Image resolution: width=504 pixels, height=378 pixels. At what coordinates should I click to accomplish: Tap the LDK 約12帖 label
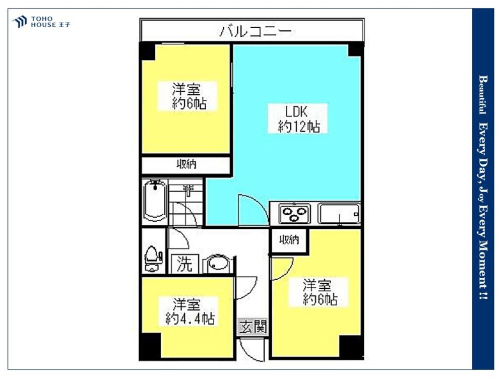coord(299,119)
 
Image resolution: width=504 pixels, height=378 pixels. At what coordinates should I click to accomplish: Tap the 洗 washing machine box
coord(184,265)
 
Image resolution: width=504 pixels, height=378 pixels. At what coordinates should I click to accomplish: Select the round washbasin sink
coord(218,264)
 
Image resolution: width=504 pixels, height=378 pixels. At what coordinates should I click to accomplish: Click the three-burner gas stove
coord(293,214)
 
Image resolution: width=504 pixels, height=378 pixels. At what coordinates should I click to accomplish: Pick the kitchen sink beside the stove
coord(339,214)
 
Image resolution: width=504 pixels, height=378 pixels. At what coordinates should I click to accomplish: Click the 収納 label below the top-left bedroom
coord(186,164)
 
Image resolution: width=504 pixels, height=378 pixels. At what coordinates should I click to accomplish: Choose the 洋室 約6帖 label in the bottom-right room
coord(320,293)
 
